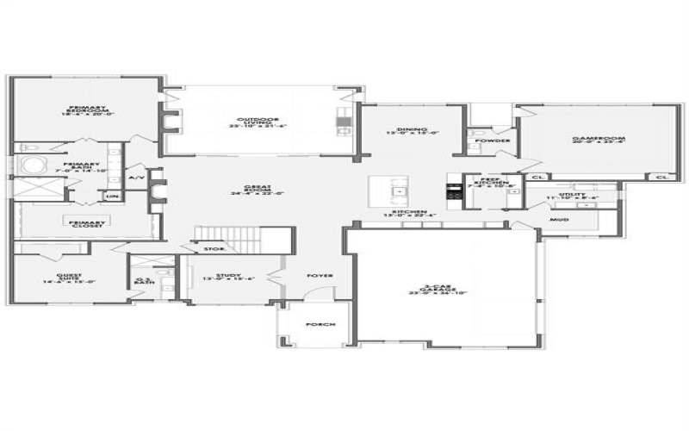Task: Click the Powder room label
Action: click(x=496, y=140)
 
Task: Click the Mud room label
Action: click(x=559, y=219)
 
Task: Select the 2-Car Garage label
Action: click(x=438, y=291)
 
